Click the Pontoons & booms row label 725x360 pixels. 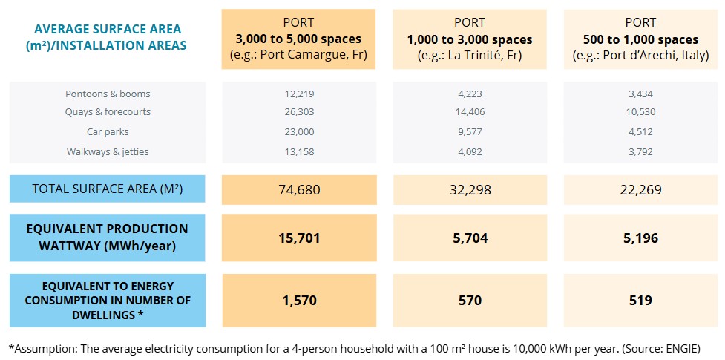coord(108,94)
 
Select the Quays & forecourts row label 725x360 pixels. coord(108,112)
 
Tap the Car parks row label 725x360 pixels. coord(108,131)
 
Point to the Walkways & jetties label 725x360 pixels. coord(108,151)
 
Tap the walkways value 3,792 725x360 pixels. coord(640,151)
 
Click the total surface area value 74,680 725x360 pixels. coord(299,190)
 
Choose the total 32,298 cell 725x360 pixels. coord(469,190)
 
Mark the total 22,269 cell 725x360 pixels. coord(640,190)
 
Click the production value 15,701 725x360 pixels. coord(299,238)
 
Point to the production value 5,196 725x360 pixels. coord(640,238)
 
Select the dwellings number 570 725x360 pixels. coord(469,301)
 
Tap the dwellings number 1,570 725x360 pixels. coord(299,301)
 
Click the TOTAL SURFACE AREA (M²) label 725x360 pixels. coord(108,189)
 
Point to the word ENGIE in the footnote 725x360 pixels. coord(680,347)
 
